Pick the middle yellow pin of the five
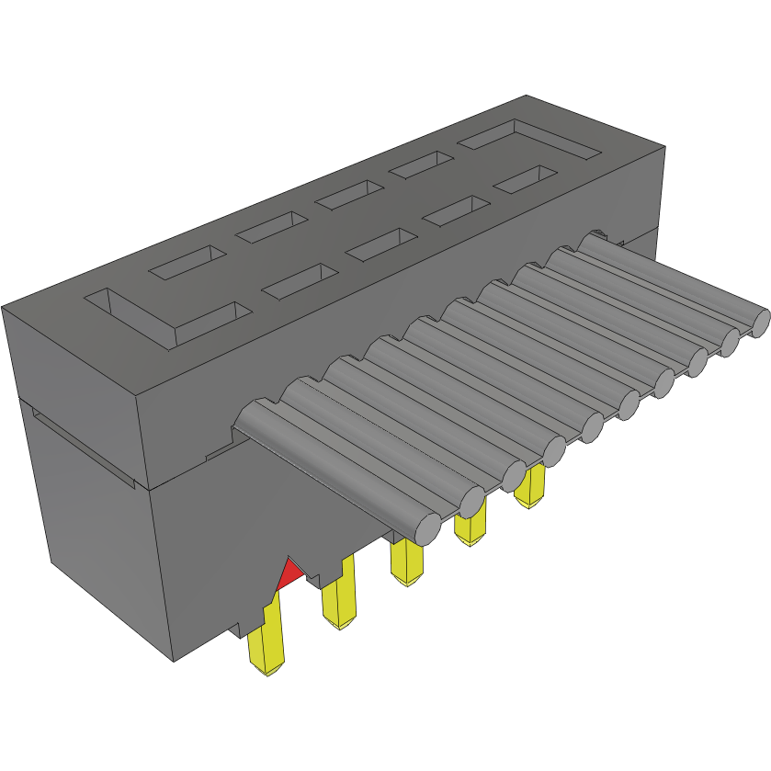[405, 561]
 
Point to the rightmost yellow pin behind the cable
[529, 486]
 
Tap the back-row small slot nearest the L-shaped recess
[187, 262]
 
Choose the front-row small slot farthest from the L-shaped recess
[526, 179]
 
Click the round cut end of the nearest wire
[426, 529]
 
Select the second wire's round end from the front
[471, 502]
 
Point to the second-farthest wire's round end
[730, 342]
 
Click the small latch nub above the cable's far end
[598, 235]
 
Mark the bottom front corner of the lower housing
[175, 659]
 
